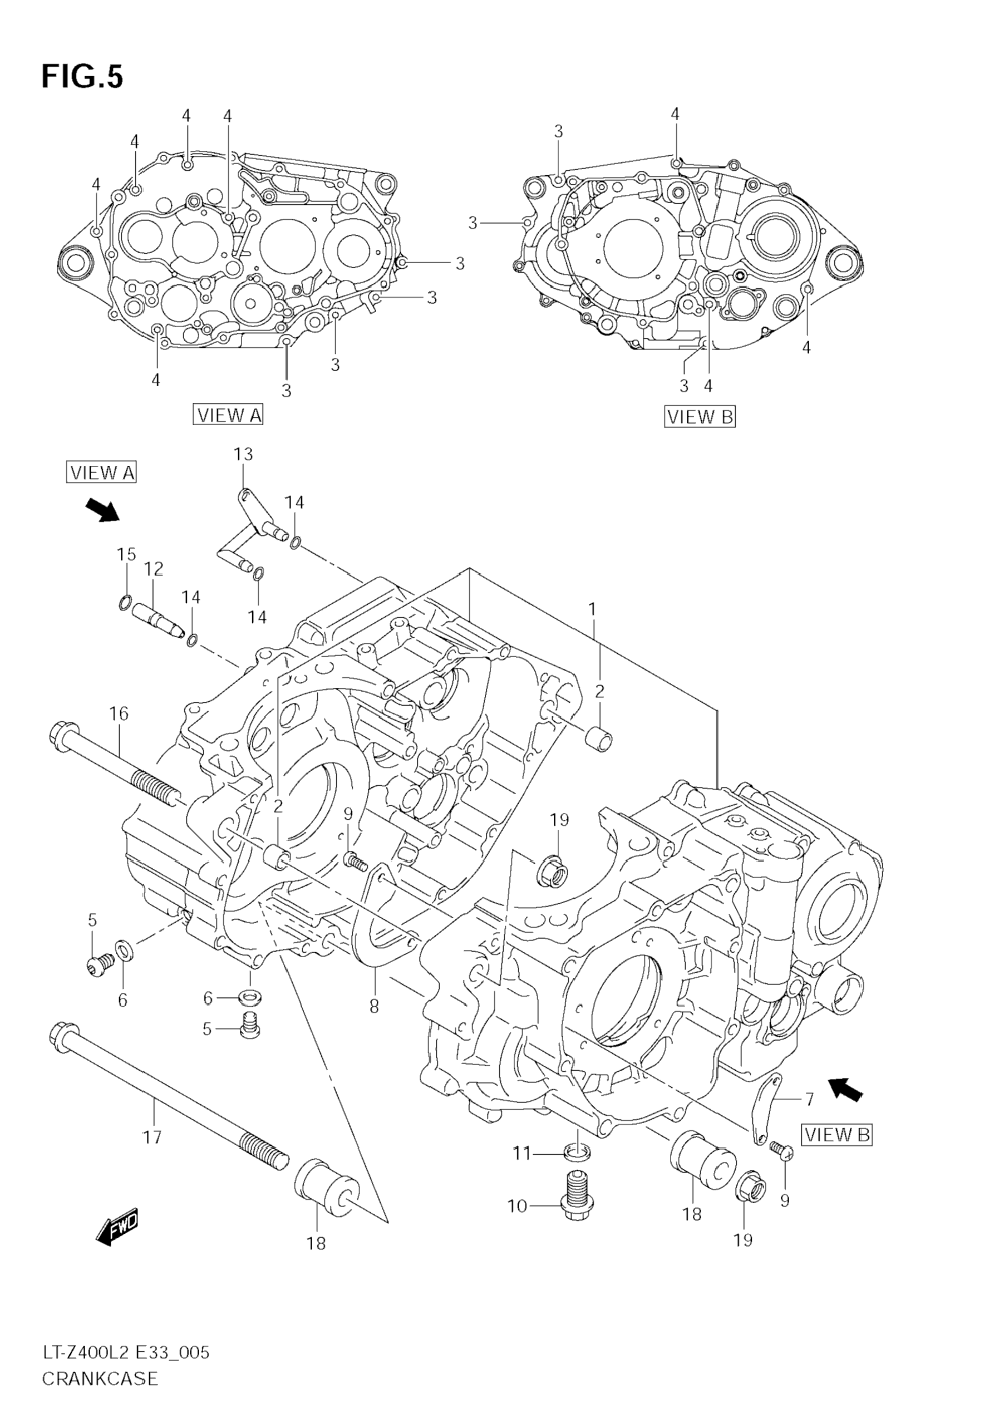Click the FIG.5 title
tap(82, 77)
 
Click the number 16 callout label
tap(119, 714)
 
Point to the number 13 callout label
tap(244, 454)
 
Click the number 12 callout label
tap(154, 568)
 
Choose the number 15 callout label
tap(126, 554)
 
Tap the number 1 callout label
tap(592, 610)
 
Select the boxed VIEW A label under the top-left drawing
tap(228, 415)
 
